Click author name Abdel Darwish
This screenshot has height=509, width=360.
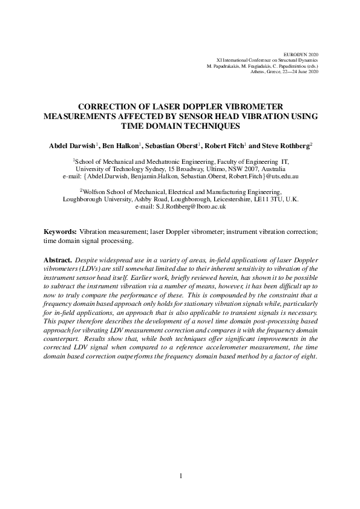(73, 146)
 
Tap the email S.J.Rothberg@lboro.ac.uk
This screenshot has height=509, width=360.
(191, 207)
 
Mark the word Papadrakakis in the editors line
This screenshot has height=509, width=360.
(223, 65)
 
